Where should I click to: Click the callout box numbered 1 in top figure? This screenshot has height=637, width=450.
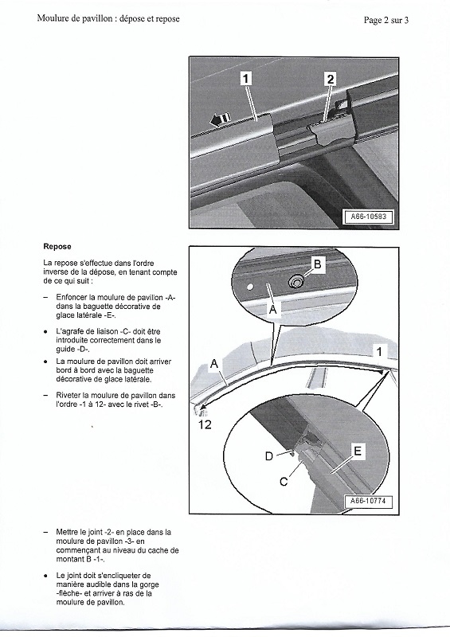pyautogui.click(x=247, y=78)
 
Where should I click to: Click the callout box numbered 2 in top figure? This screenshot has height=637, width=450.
pyautogui.click(x=331, y=78)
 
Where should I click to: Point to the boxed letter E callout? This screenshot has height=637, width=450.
pyautogui.click(x=357, y=451)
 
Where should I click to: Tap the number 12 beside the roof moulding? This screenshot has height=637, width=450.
pyautogui.click(x=205, y=424)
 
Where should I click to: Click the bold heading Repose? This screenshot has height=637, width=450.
pyautogui.click(x=57, y=247)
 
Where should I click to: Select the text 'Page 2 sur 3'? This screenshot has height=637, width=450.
pyautogui.click(x=386, y=21)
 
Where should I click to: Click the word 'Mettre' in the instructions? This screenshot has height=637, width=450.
pyautogui.click(x=68, y=531)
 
